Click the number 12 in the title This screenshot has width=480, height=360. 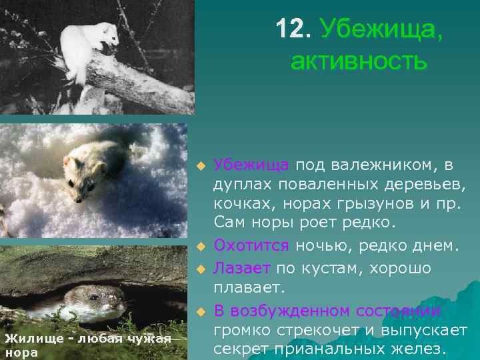point(292,29)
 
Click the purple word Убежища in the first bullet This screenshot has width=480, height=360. point(251,165)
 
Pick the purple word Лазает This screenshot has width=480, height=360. point(242,268)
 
